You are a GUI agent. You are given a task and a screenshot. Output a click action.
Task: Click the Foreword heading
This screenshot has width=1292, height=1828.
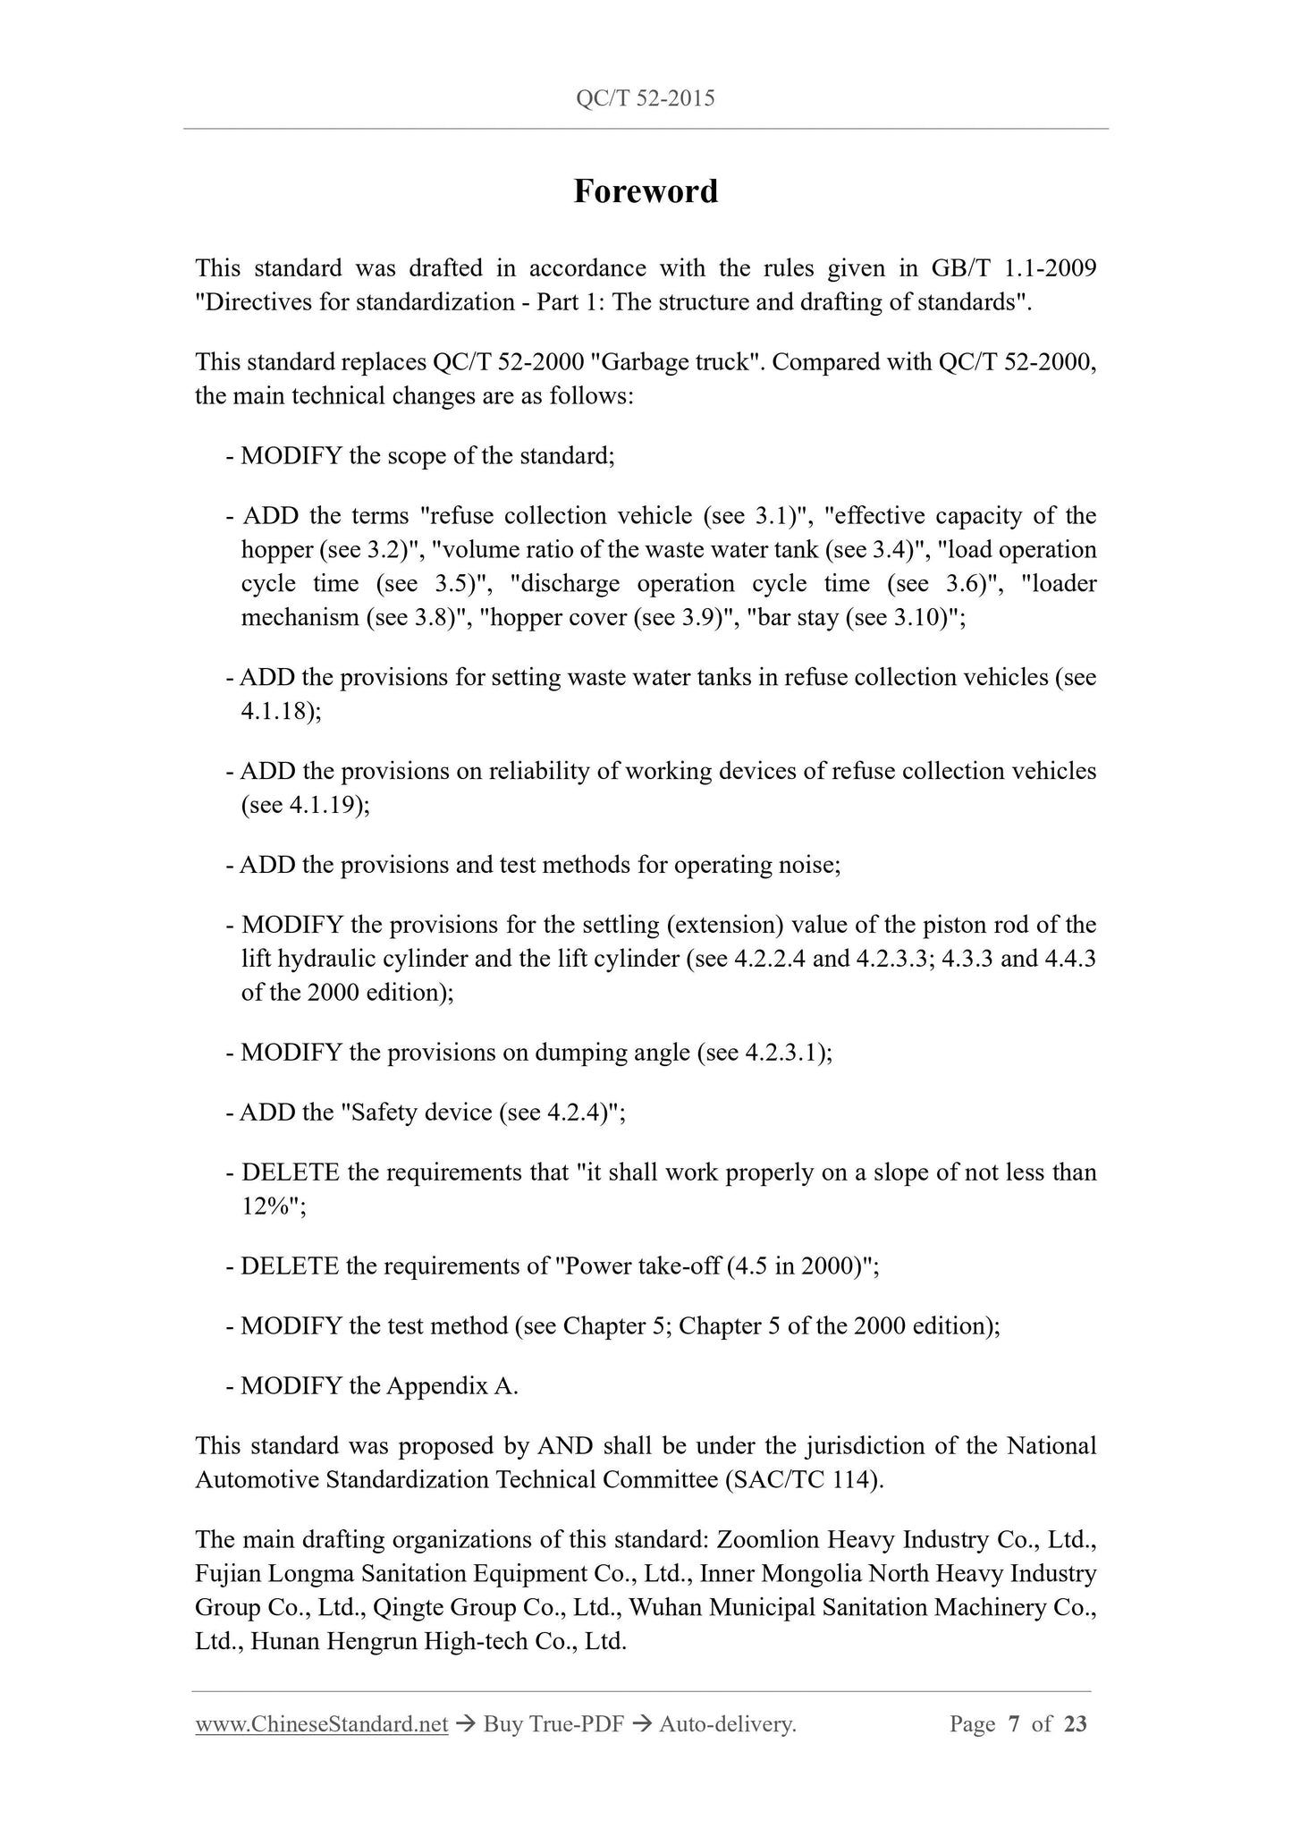click(646, 191)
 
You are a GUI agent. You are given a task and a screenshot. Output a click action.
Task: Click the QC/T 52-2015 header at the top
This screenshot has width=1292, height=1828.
click(646, 98)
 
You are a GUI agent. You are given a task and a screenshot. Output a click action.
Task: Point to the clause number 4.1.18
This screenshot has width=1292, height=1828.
click(276, 712)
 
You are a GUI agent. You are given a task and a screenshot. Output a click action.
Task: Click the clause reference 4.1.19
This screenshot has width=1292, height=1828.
click(324, 806)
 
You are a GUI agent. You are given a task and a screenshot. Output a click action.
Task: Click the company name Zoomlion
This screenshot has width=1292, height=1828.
click(769, 1540)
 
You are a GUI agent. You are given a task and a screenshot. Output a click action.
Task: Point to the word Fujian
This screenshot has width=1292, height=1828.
click(228, 1574)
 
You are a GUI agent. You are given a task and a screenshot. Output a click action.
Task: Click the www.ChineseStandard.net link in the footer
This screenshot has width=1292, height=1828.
click(321, 1725)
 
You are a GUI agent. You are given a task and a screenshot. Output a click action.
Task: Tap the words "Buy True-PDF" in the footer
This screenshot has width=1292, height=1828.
click(553, 1725)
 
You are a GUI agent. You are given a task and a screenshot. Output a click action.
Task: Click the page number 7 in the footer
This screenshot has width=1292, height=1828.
click(1013, 1725)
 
